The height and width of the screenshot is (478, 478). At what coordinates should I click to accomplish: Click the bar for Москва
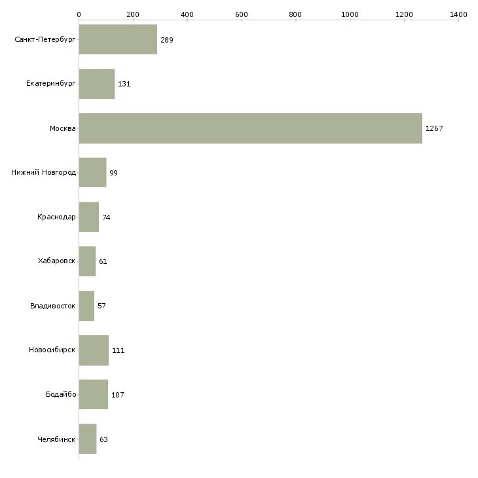pyautogui.click(x=250, y=128)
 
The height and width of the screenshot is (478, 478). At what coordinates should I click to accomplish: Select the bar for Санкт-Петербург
pyautogui.click(x=118, y=40)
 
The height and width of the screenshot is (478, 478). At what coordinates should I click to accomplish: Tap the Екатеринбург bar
pyautogui.click(x=96, y=84)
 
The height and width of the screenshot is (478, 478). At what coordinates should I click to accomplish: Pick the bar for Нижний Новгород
pyautogui.click(x=92, y=173)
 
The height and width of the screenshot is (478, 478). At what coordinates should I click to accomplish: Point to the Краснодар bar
pyautogui.click(x=88, y=217)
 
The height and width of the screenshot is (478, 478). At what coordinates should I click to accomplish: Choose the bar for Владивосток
pyautogui.click(x=86, y=306)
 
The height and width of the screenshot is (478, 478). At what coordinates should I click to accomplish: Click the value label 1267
pyautogui.click(x=434, y=128)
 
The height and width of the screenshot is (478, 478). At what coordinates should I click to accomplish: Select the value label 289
pyautogui.click(x=166, y=40)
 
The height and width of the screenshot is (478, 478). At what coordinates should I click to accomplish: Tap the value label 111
pyautogui.click(x=118, y=350)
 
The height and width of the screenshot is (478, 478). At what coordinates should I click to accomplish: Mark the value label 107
pyautogui.click(x=117, y=395)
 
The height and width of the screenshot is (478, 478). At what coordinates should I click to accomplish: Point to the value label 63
pyautogui.click(x=103, y=439)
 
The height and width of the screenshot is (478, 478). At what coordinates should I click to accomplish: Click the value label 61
pyautogui.click(x=103, y=261)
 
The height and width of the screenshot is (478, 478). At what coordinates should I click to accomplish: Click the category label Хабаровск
pyautogui.click(x=56, y=261)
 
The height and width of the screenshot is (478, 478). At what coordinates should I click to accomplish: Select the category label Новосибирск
pyautogui.click(x=52, y=350)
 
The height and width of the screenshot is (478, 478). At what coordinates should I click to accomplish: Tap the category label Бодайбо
pyautogui.click(x=62, y=395)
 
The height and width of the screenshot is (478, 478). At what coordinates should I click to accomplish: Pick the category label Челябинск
pyautogui.click(x=56, y=439)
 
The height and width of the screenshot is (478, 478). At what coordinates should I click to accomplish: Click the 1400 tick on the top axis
pyautogui.click(x=458, y=14)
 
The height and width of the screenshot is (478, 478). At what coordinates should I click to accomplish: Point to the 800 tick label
pyautogui.click(x=296, y=14)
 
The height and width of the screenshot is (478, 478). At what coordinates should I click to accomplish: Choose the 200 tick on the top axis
pyautogui.click(x=133, y=14)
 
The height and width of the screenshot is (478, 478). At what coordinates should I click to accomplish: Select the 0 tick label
pyautogui.click(x=79, y=14)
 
